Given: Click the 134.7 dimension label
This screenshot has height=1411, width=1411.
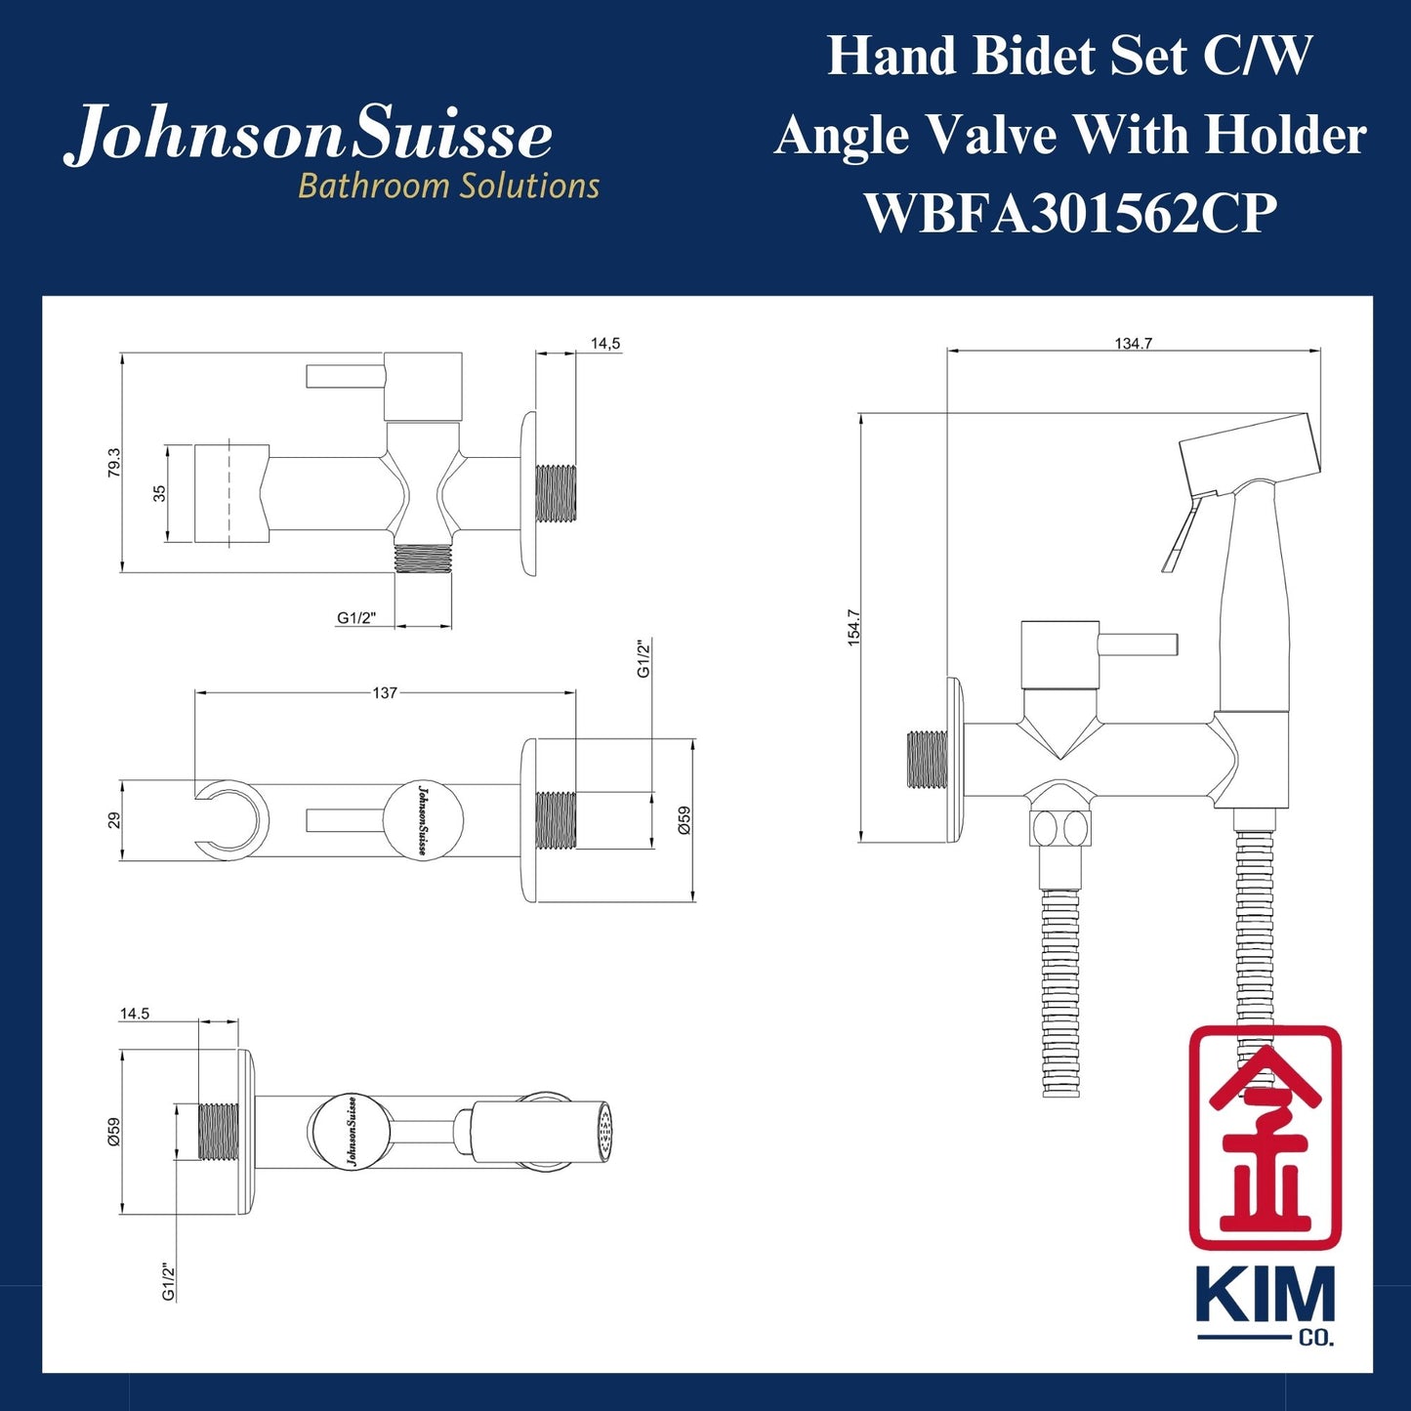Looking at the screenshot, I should [1133, 344].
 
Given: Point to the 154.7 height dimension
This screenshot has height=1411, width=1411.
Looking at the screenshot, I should [852, 627].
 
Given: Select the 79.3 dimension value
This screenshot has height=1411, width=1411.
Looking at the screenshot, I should [114, 463].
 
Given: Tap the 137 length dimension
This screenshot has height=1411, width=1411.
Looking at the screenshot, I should [385, 692].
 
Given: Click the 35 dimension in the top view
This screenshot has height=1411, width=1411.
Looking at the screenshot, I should [159, 493].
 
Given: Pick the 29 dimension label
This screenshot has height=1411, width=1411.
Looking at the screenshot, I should [114, 820].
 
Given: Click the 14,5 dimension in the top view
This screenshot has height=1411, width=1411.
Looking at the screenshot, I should [605, 344].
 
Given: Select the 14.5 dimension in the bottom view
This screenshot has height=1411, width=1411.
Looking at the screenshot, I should [135, 1014].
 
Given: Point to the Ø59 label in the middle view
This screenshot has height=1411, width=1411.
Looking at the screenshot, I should [684, 819].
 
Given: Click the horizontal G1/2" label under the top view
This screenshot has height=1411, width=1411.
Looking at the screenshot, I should [356, 618].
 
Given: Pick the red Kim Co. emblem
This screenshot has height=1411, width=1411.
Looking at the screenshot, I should [1265, 1138].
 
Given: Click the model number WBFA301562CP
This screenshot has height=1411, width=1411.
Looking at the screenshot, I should [1070, 212].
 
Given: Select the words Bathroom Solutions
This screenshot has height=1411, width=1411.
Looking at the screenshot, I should [448, 186].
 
